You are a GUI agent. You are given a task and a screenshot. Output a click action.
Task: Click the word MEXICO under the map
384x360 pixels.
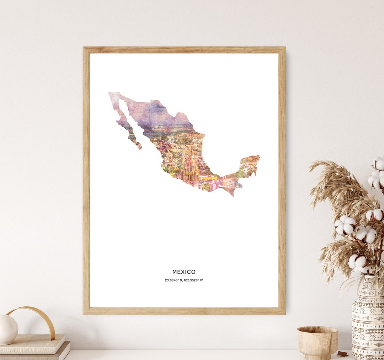point(184,272)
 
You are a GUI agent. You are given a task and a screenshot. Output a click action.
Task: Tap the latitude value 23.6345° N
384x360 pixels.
point(174,280)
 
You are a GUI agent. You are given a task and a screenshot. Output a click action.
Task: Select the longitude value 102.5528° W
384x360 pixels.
point(193,280)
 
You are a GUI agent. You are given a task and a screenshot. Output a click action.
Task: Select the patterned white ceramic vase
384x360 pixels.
point(368,320)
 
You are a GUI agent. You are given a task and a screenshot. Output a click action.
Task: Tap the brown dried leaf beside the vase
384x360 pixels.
point(343,354)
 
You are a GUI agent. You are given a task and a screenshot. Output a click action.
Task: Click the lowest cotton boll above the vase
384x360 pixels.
point(358,263)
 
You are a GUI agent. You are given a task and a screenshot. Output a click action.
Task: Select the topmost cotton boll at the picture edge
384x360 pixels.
point(379,163)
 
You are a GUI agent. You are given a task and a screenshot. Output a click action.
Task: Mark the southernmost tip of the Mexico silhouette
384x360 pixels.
point(233,195)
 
